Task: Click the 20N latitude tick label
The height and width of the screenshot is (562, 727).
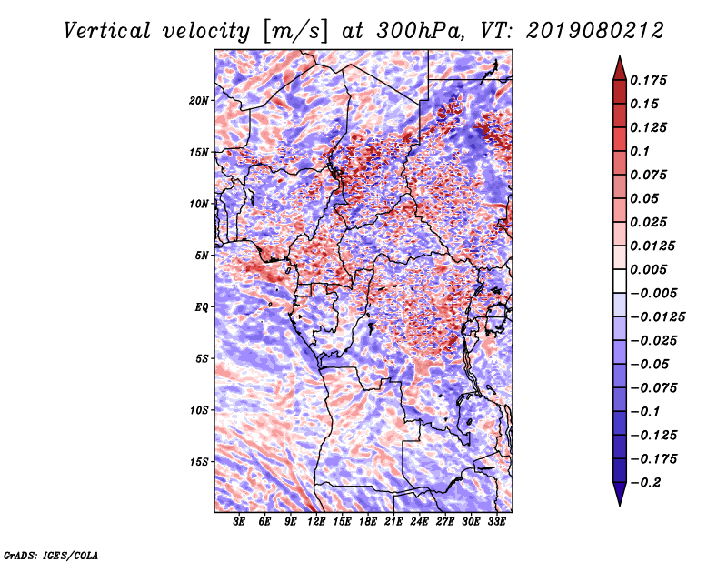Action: click(199, 100)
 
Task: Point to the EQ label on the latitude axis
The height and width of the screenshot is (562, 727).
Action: click(201, 306)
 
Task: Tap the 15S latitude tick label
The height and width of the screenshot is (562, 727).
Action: click(199, 461)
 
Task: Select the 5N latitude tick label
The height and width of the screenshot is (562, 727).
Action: click(201, 256)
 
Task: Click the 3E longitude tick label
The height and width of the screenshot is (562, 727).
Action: click(239, 522)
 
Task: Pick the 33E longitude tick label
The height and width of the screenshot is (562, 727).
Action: click(496, 522)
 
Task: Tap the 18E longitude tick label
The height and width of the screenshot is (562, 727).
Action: click(368, 522)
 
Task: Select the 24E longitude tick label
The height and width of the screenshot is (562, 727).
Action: click(419, 522)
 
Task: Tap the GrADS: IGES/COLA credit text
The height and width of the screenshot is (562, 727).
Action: click(50, 554)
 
